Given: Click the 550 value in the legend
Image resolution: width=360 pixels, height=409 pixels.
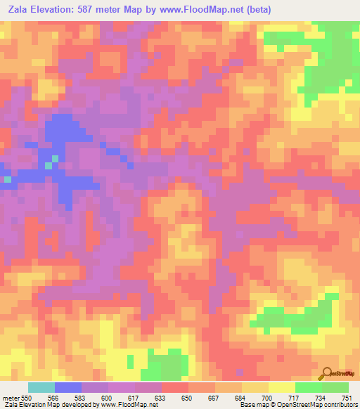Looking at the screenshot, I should (27, 398).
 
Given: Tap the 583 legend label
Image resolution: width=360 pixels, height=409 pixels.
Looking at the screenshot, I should (80, 398).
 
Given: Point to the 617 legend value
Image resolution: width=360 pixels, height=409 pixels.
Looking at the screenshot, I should (134, 398).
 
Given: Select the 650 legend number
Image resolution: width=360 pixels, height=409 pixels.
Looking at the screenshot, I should (187, 398).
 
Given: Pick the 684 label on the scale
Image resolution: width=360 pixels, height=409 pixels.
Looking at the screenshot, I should (240, 398).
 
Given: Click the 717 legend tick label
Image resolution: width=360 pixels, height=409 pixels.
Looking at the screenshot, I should (294, 398).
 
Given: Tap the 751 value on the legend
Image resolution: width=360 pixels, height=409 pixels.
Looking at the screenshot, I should (347, 398).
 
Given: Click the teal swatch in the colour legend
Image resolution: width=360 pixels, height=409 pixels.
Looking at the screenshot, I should (41, 387).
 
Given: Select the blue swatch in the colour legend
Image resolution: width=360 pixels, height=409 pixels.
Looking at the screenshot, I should (68, 387).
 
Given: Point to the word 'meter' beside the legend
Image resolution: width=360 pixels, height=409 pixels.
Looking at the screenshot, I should (11, 398).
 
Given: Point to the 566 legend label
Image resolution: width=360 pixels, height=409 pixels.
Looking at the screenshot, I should (53, 398).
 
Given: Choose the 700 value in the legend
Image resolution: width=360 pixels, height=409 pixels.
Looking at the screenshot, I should (267, 398).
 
